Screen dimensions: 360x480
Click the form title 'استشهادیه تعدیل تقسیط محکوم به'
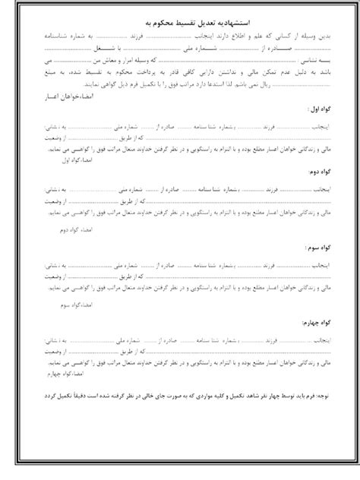pyautogui.click(x=180, y=24)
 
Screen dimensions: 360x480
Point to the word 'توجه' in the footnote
pyautogui.click(x=324, y=396)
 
